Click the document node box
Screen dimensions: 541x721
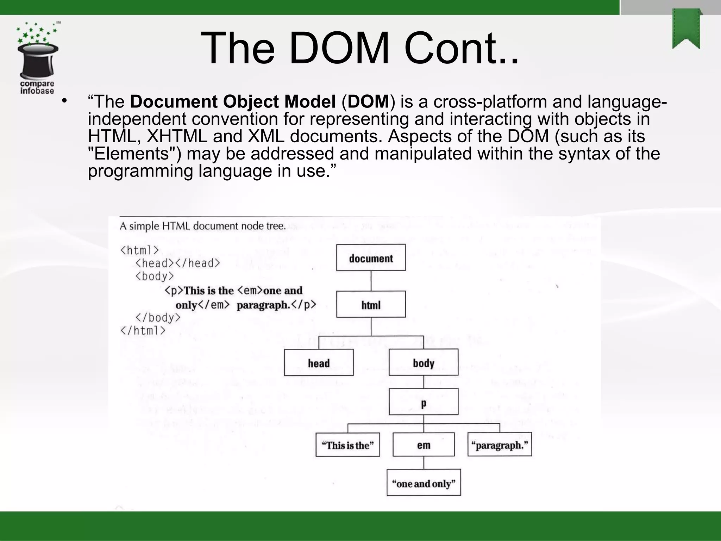371,258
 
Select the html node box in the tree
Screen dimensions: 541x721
371,304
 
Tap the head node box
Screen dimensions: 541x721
319,362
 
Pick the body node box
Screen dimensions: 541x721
423,362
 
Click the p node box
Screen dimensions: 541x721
423,402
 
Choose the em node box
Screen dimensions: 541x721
423,444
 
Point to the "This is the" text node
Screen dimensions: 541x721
347,444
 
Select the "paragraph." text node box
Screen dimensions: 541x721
499,444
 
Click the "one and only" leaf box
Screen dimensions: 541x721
423,483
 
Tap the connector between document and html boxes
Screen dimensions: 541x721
371,281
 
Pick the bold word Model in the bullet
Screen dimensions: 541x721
310,102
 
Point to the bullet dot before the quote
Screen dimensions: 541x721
64,101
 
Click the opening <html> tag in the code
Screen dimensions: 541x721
139,250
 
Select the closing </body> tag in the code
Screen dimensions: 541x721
158,318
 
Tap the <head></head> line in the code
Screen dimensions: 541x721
177,263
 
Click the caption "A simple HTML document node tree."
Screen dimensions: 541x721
202,226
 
